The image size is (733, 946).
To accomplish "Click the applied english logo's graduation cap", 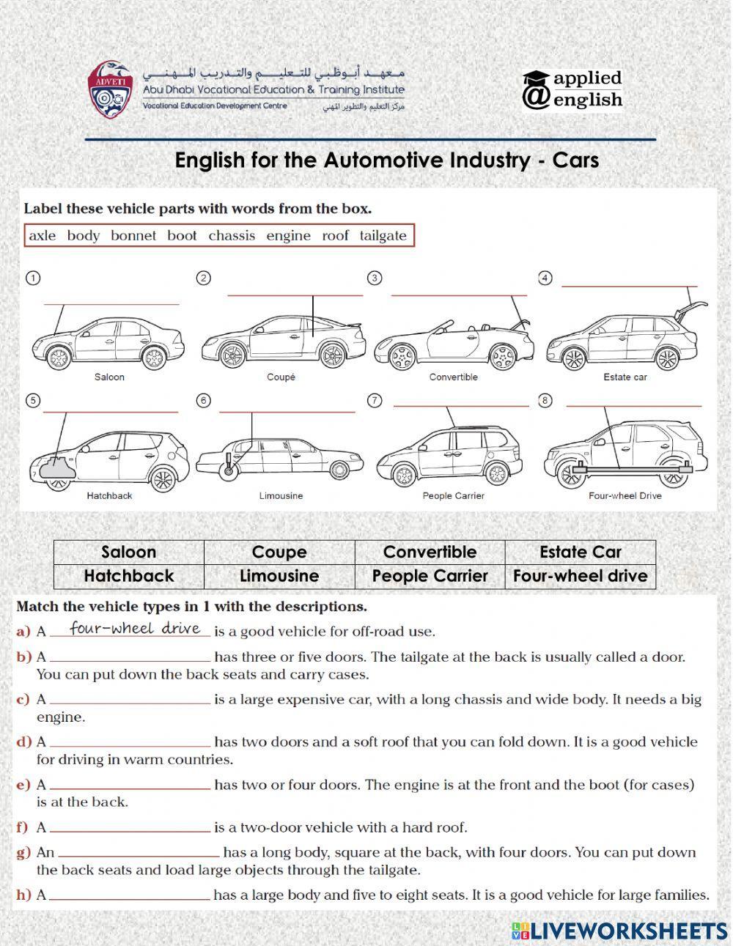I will click(x=536, y=78).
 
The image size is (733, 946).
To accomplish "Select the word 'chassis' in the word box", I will click(x=232, y=235).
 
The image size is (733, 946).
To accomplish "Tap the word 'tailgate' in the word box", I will click(x=383, y=235).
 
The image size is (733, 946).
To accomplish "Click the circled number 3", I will click(x=375, y=278).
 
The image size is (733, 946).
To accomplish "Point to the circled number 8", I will click(x=545, y=400).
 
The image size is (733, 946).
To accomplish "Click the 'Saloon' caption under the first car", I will click(x=109, y=377).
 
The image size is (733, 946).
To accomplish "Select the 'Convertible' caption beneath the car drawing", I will click(x=453, y=377).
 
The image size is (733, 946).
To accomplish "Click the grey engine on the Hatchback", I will click(x=56, y=468).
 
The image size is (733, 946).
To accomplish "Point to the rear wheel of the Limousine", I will click(x=339, y=469).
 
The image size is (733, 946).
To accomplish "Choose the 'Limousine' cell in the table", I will click(x=279, y=576).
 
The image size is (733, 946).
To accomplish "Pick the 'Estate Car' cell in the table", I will click(x=580, y=552).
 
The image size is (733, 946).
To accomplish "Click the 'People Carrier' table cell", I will click(x=430, y=576).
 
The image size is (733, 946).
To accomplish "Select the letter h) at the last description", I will click(x=23, y=895).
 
